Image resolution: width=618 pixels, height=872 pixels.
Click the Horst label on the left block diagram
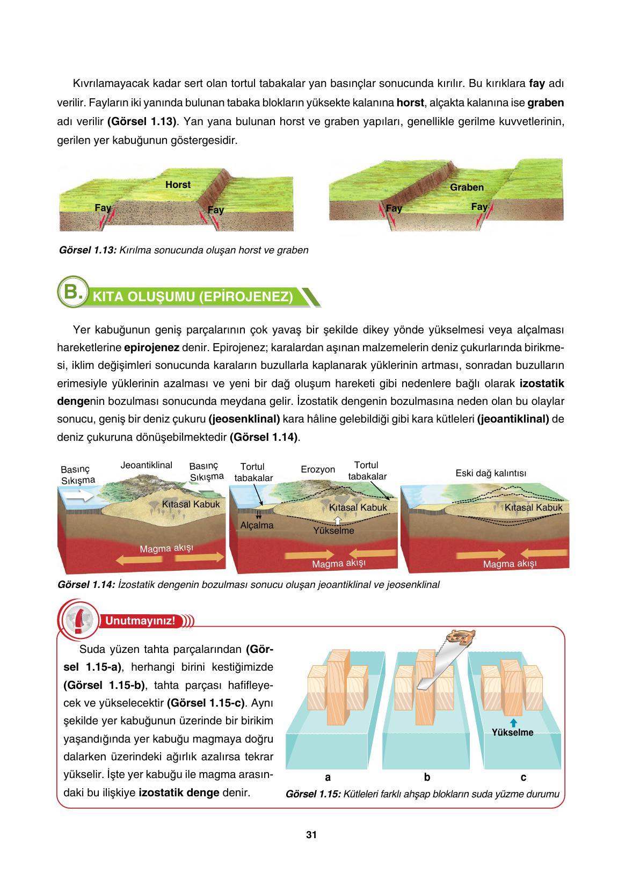(178, 185)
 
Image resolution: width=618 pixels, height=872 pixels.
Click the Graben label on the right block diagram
(467, 187)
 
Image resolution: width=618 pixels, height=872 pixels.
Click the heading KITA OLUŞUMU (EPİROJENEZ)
(193, 297)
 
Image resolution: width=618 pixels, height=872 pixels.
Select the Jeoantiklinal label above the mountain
(147, 465)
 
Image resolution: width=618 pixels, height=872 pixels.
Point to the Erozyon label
(318, 469)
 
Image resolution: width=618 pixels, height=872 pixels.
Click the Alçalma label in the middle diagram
(257, 525)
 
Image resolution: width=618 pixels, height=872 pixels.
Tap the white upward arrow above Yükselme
(337, 520)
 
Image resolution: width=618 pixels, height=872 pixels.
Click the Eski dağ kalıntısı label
(491, 473)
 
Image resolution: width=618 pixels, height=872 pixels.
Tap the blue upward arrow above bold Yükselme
(513, 723)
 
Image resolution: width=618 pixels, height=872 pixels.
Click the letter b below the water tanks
(427, 777)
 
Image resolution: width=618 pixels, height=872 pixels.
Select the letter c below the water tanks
(524, 777)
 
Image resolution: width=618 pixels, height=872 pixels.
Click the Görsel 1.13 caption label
(88, 250)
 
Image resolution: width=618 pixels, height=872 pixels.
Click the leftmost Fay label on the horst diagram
(103, 207)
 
